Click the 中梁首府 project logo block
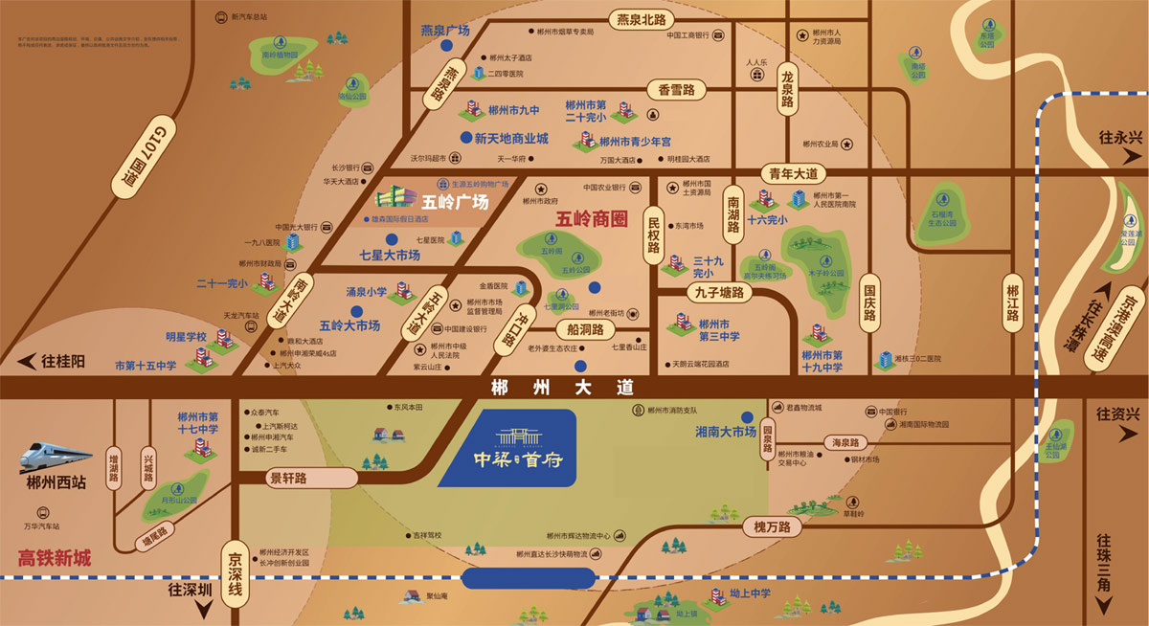[507, 448]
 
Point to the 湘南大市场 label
[725, 433]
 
